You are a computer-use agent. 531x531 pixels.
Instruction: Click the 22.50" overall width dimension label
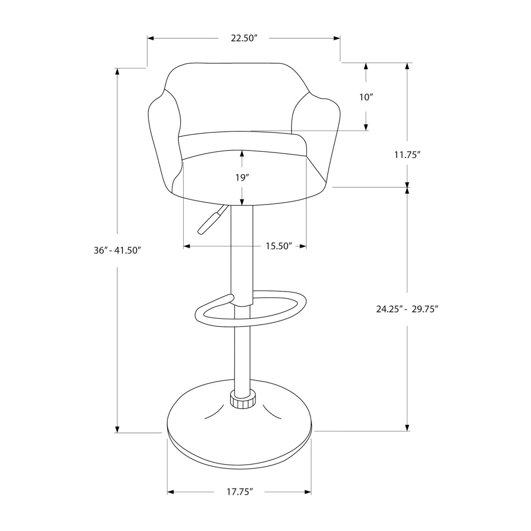coord(244,38)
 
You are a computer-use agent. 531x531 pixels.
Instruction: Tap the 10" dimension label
coord(366,97)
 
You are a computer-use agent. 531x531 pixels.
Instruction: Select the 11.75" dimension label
coord(407,155)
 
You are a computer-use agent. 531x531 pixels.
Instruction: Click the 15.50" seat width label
coord(279,246)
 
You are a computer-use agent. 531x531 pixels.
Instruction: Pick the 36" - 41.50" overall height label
coord(118,250)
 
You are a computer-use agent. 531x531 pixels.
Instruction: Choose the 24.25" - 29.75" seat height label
coord(407,309)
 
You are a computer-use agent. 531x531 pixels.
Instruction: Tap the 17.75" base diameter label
coord(239,492)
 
